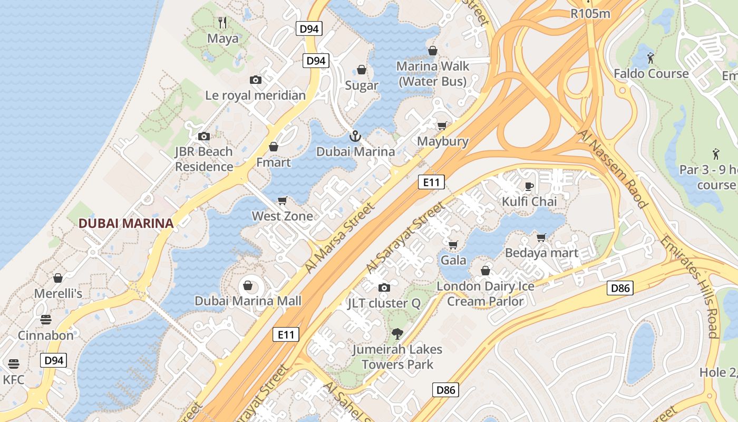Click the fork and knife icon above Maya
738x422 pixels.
click(222, 22)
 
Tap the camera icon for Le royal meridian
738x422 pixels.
click(256, 80)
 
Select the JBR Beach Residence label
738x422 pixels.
click(204, 159)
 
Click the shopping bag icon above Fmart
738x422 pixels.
click(274, 146)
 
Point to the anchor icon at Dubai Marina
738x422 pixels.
click(355, 136)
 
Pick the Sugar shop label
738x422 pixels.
click(362, 85)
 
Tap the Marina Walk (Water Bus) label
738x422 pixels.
click(432, 74)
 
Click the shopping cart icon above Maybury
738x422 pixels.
click(442, 126)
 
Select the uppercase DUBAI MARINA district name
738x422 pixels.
click(126, 223)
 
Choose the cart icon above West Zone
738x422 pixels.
click(282, 200)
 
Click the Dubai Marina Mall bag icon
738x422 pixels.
click(248, 285)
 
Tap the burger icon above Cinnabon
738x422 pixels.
click(46, 320)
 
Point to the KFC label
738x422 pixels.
click(14, 380)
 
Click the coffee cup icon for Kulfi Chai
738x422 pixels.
click(529, 186)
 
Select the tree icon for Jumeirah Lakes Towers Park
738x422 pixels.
click(397, 333)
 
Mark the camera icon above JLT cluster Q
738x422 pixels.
click(384, 287)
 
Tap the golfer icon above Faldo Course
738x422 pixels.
click(651, 57)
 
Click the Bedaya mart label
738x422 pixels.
click(541, 253)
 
